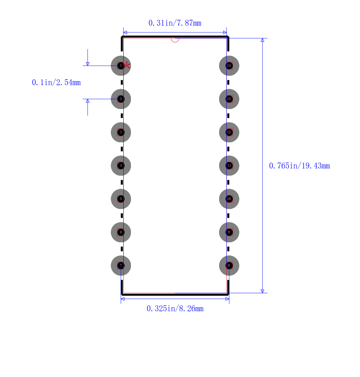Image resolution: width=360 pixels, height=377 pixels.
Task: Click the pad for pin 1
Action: coord(121,66)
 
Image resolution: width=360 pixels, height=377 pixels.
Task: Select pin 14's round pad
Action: coord(229,66)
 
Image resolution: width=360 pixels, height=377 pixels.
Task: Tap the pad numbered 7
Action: coord(121,265)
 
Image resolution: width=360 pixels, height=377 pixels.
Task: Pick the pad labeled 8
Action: coord(229,265)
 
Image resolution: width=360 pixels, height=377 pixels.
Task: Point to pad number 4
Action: coord(121,166)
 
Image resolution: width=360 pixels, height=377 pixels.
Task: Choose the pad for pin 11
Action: coord(229,166)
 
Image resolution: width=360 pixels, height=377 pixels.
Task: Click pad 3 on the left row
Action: coord(121,132)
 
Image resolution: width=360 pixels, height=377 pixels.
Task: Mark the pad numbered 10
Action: coord(229,199)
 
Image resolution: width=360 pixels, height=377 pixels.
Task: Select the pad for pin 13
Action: coord(229,99)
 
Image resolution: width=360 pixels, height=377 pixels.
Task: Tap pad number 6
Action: coord(121,232)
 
